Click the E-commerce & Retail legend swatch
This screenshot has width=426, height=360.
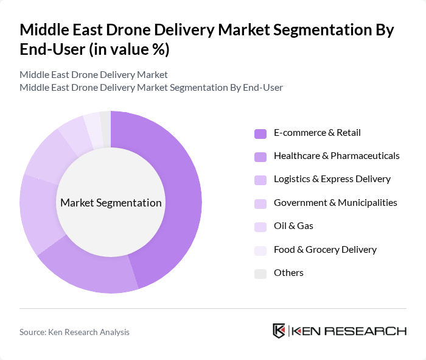[x=260, y=133]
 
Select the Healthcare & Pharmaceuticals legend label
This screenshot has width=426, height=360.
[x=337, y=156]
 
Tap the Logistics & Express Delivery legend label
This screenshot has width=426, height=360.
[x=332, y=179]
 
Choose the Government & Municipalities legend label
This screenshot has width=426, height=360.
[x=335, y=202]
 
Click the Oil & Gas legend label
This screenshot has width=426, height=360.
[x=293, y=226]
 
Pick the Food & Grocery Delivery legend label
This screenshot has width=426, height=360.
[x=325, y=249]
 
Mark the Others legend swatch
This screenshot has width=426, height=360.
[x=260, y=274]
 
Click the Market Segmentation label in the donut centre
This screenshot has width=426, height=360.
[x=111, y=203]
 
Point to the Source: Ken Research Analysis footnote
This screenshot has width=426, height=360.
[x=74, y=332]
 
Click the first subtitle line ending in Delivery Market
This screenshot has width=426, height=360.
[x=93, y=75]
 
